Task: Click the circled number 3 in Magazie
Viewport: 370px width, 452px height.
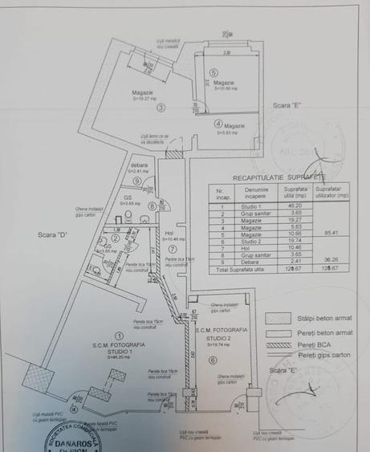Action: coord(161,107)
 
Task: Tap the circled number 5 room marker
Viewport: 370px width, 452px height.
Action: coord(213,73)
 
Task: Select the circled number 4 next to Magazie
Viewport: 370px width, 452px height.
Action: coord(217,124)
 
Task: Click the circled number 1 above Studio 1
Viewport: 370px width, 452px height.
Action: coord(119,336)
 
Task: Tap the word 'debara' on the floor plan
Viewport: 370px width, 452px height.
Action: coord(140,165)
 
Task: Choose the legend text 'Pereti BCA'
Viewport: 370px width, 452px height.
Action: coord(314,343)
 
